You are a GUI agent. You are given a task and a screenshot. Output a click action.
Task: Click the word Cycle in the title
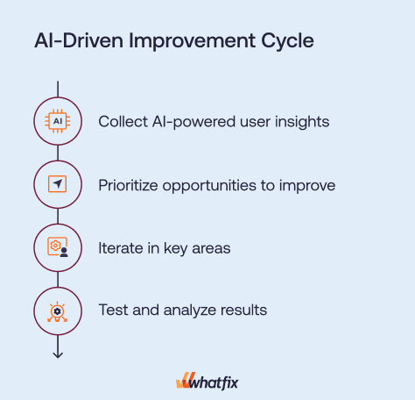coord(287,41)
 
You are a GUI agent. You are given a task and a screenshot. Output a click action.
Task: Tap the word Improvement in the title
coord(193,41)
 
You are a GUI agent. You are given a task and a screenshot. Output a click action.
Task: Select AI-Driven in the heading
coord(79,40)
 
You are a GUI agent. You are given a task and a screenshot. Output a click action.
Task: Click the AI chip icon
coord(58,121)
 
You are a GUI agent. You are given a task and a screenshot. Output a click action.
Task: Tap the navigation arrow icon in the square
coord(58,184)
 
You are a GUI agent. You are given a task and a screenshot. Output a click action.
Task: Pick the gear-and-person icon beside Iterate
coord(58,247)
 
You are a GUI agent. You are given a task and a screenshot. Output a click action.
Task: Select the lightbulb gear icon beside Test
coord(58,311)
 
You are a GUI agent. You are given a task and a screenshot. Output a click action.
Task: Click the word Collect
coord(123,121)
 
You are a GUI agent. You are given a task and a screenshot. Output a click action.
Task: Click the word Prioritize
coord(128,185)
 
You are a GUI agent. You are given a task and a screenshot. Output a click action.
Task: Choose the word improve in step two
coord(307,186)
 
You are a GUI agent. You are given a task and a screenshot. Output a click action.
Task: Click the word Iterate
coord(121,248)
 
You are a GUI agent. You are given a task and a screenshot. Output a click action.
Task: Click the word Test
coord(113,310)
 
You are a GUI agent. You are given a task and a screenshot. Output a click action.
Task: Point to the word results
coord(243,310)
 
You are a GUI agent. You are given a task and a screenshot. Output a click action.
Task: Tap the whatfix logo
coord(207,382)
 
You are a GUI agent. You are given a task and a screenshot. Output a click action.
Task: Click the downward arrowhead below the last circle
coord(58,355)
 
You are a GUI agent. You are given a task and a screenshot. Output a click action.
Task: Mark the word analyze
coord(190,311)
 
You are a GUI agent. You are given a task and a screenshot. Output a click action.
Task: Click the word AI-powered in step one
coord(193,122)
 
